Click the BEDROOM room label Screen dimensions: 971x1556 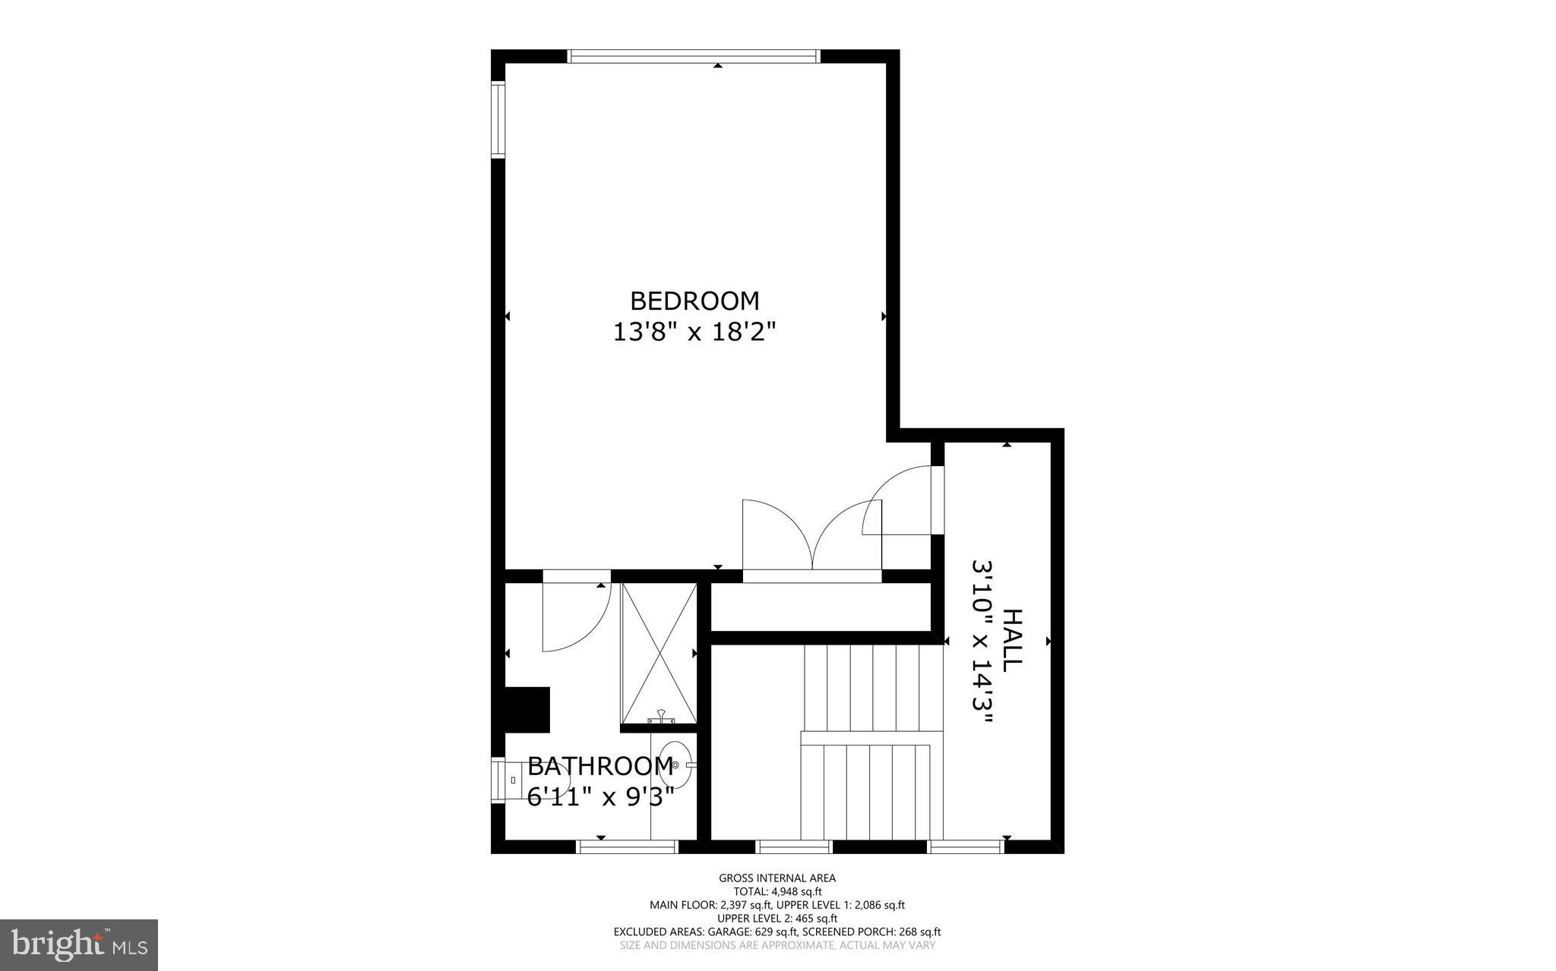click(x=694, y=301)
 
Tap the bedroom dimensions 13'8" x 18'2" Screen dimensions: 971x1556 click(x=694, y=333)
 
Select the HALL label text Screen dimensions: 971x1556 click(x=1011, y=640)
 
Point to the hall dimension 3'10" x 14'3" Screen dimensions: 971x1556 click(x=982, y=642)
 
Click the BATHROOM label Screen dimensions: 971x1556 click(x=600, y=766)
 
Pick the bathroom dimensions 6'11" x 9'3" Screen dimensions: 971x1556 click(x=600, y=797)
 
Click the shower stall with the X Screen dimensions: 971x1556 click(x=659, y=653)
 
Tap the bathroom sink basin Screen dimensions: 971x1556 click(x=674, y=765)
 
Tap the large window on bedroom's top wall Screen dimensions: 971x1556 click(x=694, y=56)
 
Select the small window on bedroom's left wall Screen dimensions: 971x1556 click(x=498, y=119)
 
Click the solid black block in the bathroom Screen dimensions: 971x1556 click(x=527, y=710)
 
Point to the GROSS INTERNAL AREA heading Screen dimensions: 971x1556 click(x=777, y=878)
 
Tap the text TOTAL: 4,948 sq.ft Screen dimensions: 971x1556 click(x=777, y=892)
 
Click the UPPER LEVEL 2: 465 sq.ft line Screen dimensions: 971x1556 click(x=777, y=919)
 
